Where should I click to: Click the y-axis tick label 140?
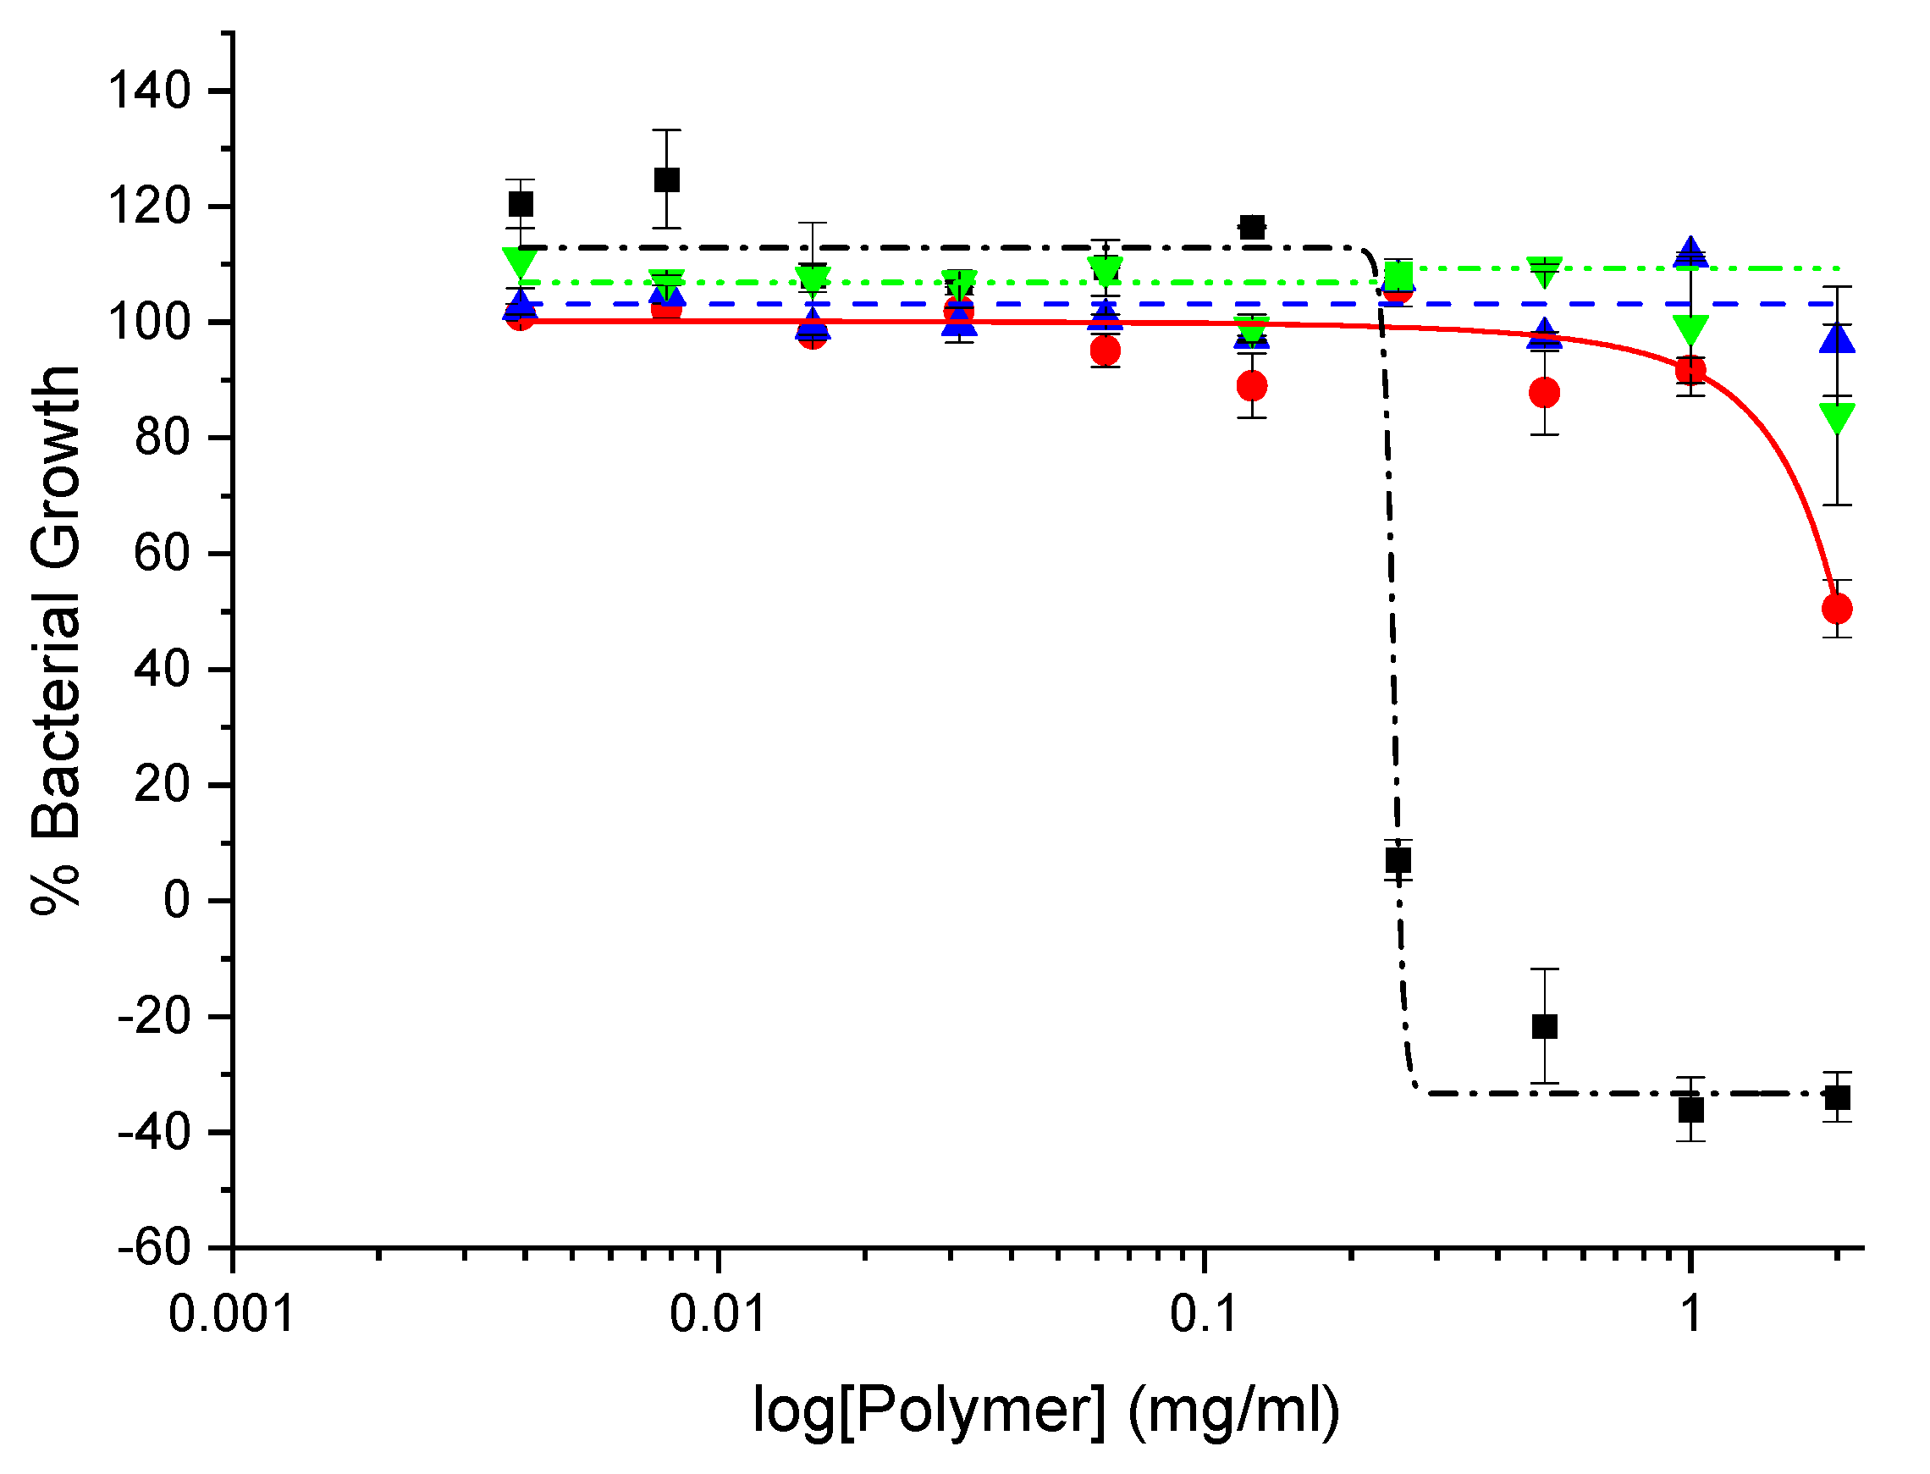click(149, 91)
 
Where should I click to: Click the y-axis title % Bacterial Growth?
click(56, 641)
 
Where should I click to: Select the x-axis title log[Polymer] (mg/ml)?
click(1046, 1410)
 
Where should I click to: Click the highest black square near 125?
click(667, 179)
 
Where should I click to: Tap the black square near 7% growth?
click(1398, 861)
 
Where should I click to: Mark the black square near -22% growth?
click(1545, 1026)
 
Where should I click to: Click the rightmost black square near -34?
click(1837, 1097)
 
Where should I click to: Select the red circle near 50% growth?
click(1837, 608)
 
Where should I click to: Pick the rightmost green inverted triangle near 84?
click(1837, 417)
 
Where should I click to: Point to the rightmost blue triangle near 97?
click(1837, 340)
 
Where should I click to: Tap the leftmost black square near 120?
click(521, 204)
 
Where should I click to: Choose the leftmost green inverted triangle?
click(521, 262)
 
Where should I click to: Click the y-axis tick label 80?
click(162, 438)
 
